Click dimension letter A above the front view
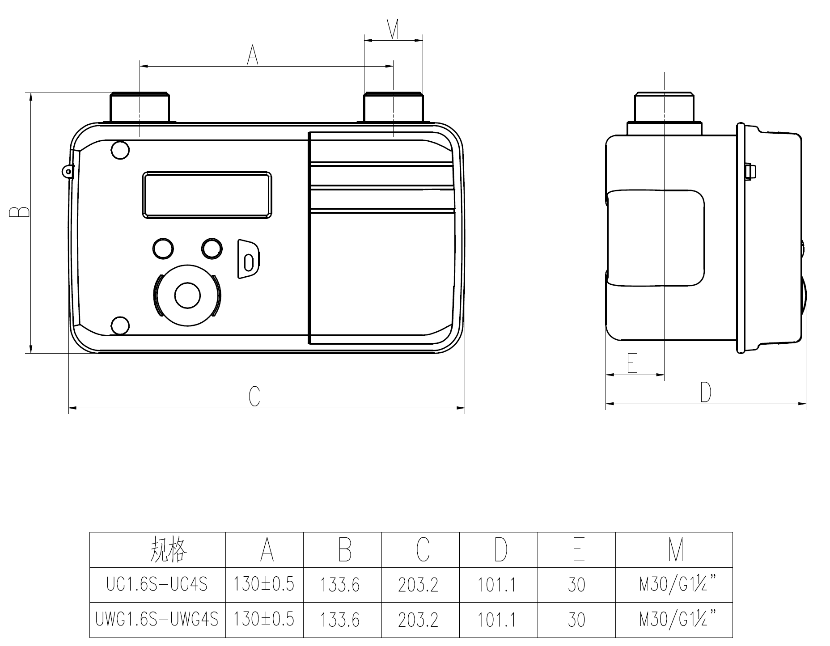click(x=253, y=55)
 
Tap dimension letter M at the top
click(x=392, y=29)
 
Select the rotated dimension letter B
click(x=19, y=212)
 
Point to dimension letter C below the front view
click(x=254, y=396)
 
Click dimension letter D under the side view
click(x=706, y=393)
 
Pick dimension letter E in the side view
click(x=632, y=363)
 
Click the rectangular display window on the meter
click(x=207, y=195)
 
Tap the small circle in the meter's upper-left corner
click(x=120, y=150)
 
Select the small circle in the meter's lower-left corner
click(x=120, y=325)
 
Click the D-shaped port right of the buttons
click(x=248, y=260)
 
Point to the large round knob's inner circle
click(x=187, y=295)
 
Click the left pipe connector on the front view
click(x=140, y=107)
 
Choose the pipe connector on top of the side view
click(x=665, y=114)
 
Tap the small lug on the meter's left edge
click(x=68, y=172)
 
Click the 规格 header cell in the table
click(x=168, y=549)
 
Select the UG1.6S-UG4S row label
click(x=157, y=585)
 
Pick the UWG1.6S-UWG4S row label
click(x=157, y=620)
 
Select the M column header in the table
click(x=676, y=549)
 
